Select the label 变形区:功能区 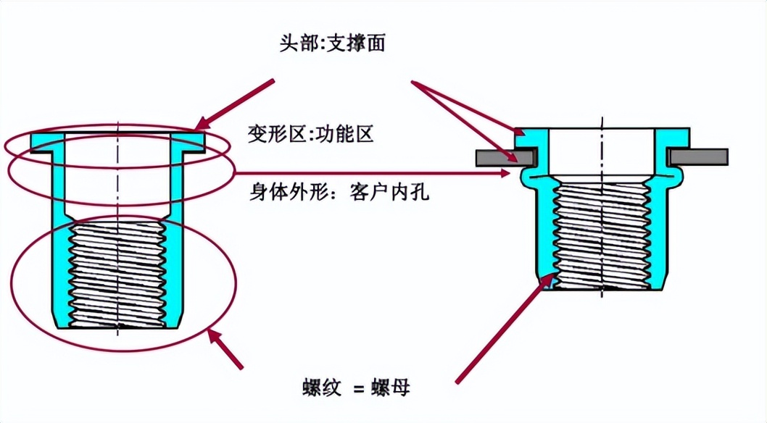[310, 135]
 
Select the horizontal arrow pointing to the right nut [377, 174]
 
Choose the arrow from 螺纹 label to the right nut [500, 330]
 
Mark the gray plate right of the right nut [699, 156]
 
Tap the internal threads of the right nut [602, 232]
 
